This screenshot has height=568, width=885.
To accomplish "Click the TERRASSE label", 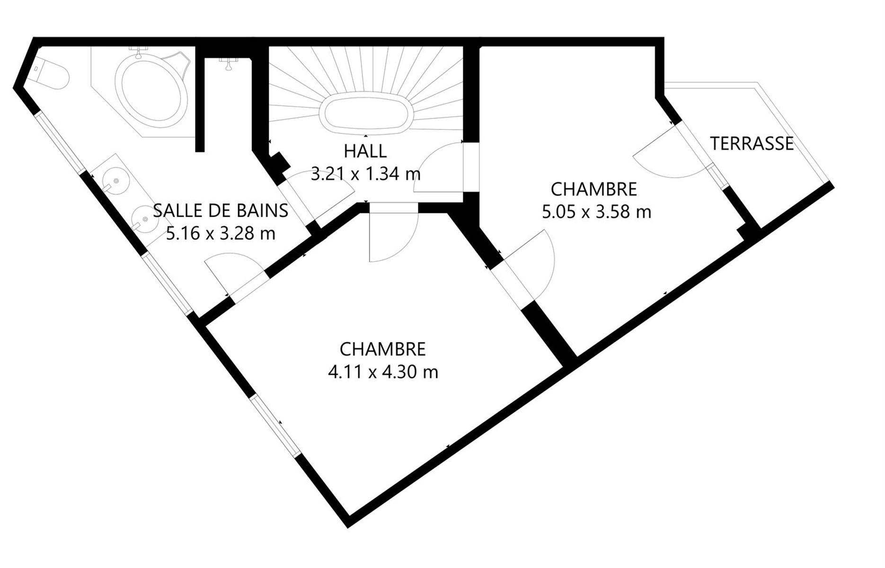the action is pos(752,143).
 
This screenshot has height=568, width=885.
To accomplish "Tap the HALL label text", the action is pos(365,151).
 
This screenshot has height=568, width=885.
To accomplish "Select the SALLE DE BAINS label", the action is pos(221,210).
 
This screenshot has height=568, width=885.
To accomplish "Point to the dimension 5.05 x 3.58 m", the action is pos(596,212).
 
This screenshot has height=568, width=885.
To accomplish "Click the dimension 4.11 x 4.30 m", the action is pos(383,372).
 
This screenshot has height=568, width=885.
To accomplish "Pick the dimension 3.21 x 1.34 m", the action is pos(365,174).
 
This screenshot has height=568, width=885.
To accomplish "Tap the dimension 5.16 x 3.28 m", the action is pos(221,233).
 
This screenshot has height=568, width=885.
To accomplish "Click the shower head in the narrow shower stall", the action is pos(229,63).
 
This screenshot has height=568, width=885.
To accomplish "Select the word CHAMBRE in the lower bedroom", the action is pos(383,349).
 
